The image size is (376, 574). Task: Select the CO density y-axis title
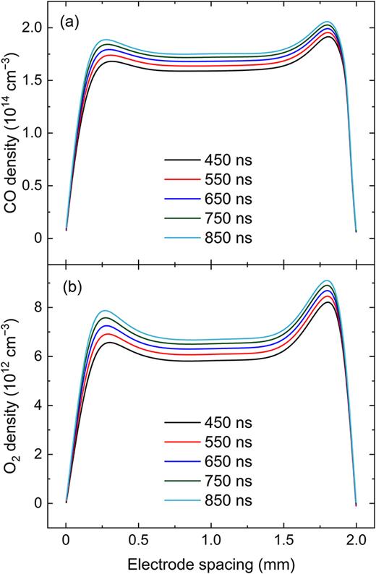[14, 132]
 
